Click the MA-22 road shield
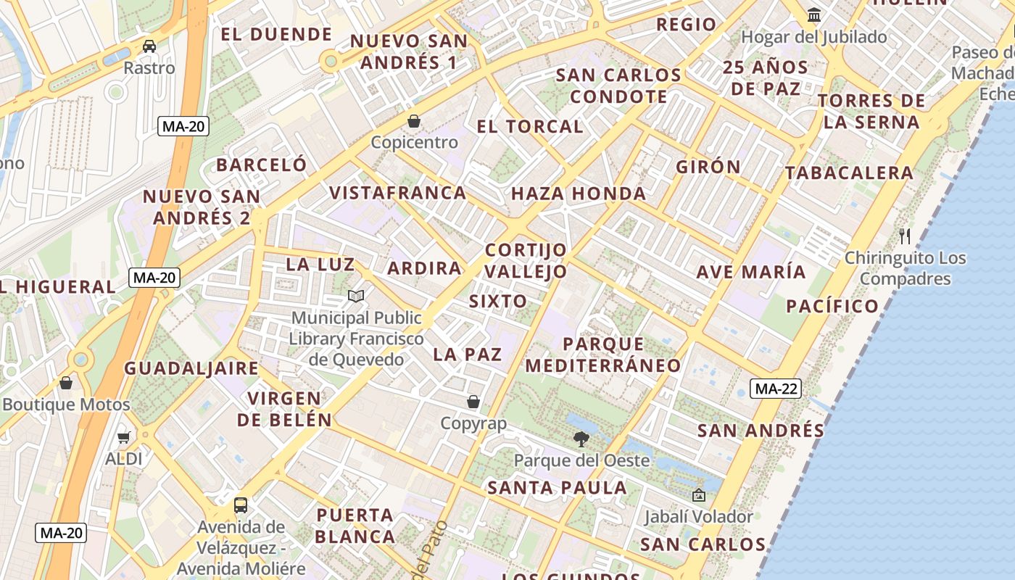776,389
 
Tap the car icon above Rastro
149,46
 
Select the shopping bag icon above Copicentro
414,120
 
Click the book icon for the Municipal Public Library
355,296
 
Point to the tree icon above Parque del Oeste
581,438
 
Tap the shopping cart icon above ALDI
123,437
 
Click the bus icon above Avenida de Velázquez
241,505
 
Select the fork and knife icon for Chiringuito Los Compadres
904,236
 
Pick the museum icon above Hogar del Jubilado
814,14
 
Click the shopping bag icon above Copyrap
473,402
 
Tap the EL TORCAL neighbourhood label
530,126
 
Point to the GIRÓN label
708,167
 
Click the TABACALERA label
849,173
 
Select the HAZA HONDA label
579,194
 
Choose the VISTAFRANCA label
398,193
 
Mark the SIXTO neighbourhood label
498,302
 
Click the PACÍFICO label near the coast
832,306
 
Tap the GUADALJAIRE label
191,368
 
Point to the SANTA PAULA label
557,488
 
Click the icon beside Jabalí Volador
699,495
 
